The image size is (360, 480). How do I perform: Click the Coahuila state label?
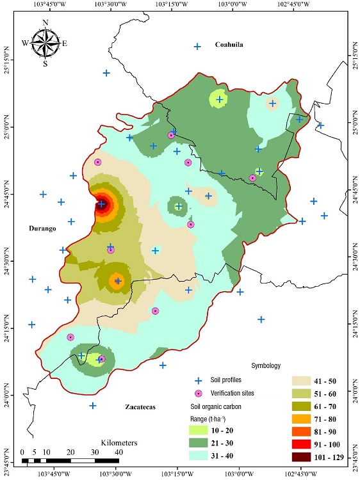(x=231, y=45)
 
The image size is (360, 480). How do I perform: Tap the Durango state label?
(x=43, y=228)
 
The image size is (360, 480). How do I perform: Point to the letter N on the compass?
(x=45, y=23)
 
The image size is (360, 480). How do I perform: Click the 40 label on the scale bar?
(x=119, y=452)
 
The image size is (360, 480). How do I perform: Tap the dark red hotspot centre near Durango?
(x=101, y=204)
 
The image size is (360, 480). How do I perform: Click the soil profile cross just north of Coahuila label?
(x=197, y=46)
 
